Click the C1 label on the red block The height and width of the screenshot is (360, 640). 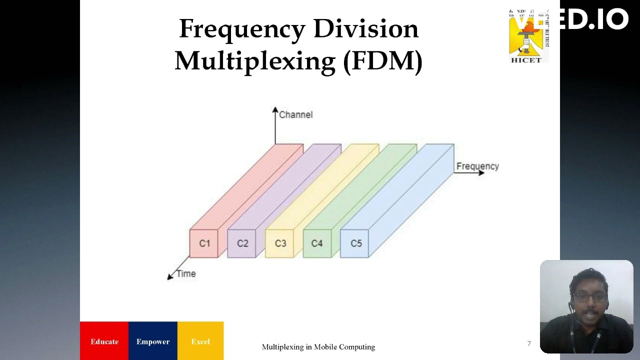204,243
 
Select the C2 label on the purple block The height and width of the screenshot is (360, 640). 242,243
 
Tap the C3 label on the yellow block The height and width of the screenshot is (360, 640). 280,243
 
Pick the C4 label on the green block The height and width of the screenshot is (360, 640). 317,243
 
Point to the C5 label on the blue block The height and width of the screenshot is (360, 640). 356,243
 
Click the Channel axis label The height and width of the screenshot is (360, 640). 295,115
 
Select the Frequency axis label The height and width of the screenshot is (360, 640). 477,166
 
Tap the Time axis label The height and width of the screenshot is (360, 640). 186,274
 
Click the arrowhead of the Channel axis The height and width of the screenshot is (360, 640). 275,109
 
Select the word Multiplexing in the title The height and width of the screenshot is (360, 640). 255,61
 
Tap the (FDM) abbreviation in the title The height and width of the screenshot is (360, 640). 383,61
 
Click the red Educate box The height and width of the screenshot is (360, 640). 104,341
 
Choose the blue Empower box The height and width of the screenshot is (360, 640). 153,341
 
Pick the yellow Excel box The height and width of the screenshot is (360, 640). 200,341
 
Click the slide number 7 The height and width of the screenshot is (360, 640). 529,343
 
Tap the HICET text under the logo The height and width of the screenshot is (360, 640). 525,60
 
